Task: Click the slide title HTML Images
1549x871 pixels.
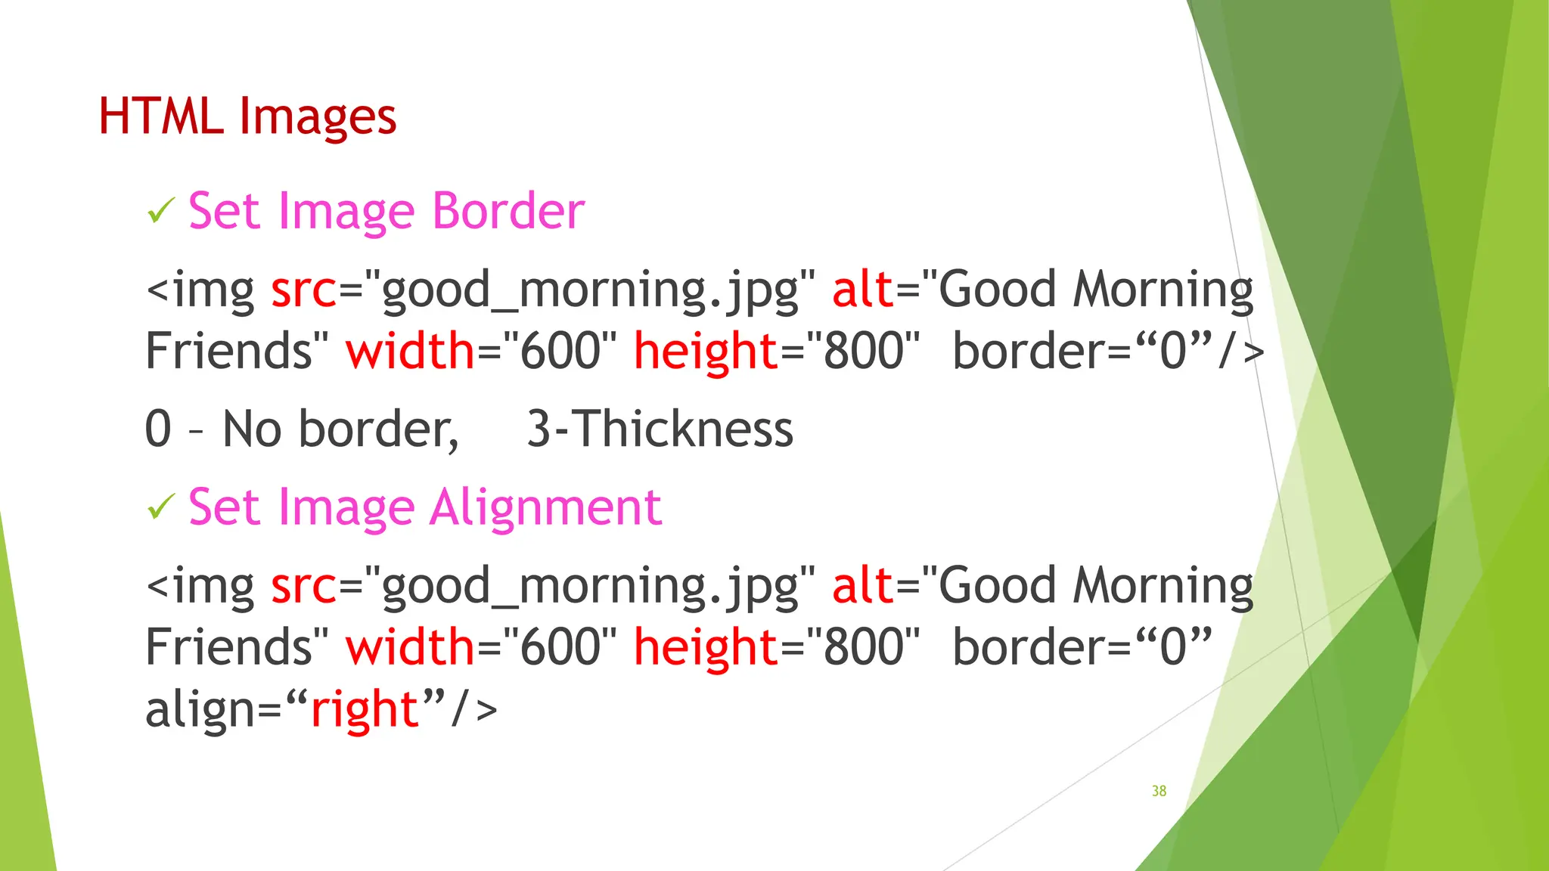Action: pyautogui.click(x=247, y=117)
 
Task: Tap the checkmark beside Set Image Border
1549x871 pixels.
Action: pyautogui.click(x=161, y=211)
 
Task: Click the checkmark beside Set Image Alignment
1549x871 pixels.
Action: pyautogui.click(x=161, y=507)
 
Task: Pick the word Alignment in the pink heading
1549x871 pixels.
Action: pyautogui.click(x=546, y=507)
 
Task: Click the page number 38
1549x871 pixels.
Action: pyautogui.click(x=1159, y=791)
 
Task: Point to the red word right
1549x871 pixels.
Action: pyautogui.click(x=365, y=709)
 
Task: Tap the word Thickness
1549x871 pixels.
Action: pyautogui.click(x=685, y=429)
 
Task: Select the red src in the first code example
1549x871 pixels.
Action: pyautogui.click(x=303, y=290)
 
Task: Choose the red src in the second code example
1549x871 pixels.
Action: pyautogui.click(x=303, y=586)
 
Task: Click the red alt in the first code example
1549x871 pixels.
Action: pyautogui.click(x=863, y=290)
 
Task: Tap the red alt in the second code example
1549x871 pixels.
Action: pyautogui.click(x=863, y=586)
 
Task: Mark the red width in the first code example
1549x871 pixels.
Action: pyautogui.click(x=410, y=352)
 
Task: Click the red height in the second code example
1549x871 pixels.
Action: pyautogui.click(x=706, y=648)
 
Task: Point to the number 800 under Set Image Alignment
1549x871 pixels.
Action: pyautogui.click(x=863, y=648)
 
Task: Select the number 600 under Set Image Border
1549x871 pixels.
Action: pyautogui.click(x=560, y=352)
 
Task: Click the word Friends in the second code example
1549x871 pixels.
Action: pyautogui.click(x=228, y=648)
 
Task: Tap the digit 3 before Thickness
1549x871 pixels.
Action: pyautogui.click(x=539, y=429)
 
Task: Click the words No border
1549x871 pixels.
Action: pyautogui.click(x=340, y=429)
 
